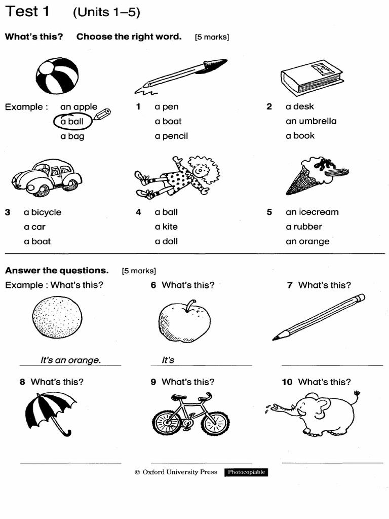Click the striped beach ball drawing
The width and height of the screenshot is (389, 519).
pyautogui.click(x=57, y=76)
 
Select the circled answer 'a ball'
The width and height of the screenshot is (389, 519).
pyautogui.click(x=72, y=122)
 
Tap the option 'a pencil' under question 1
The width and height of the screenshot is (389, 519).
pyautogui.click(x=171, y=136)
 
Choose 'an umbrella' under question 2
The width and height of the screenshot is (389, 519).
pyautogui.click(x=310, y=121)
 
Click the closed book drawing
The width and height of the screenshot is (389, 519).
pyautogui.click(x=312, y=77)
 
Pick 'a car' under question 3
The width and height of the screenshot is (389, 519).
pyautogui.click(x=34, y=227)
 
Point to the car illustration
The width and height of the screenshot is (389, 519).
pyautogui.click(x=47, y=176)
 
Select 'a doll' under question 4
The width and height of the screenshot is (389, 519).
pyautogui.click(x=166, y=241)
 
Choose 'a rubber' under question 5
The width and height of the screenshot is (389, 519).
pyautogui.click(x=303, y=227)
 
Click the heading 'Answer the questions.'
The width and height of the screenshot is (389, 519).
pyautogui.click(x=57, y=270)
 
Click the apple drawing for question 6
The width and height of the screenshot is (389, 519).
pyautogui.click(x=184, y=321)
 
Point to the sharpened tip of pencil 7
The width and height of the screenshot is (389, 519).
pyautogui.click(x=276, y=338)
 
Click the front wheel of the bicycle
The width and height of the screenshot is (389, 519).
pyautogui.click(x=215, y=423)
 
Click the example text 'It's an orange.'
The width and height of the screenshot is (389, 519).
pyautogui.click(x=70, y=360)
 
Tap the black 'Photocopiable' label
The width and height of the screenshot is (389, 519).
pyautogui.click(x=246, y=472)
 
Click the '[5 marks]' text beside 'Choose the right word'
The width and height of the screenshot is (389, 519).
pyautogui.click(x=212, y=37)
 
